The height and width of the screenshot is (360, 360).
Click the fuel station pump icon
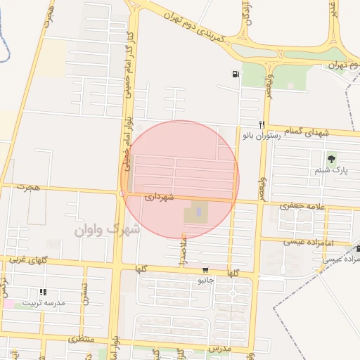pyautogui.click(x=234, y=74)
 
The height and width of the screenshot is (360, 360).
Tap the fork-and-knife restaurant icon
pyautogui.click(x=262, y=124)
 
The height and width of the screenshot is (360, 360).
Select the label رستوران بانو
pyautogui.click(x=262, y=134)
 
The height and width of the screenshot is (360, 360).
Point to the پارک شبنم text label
pyautogui.click(x=332, y=170)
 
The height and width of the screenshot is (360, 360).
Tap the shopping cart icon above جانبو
pyautogui.click(x=205, y=270)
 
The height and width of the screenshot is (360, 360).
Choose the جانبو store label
pyautogui.click(x=205, y=280)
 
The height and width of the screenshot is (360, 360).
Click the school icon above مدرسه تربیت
pyautogui.click(x=43, y=292)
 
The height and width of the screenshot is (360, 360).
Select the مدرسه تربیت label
pyautogui.click(x=44, y=303)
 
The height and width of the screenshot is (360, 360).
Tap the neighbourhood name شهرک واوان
pyautogui.click(x=107, y=229)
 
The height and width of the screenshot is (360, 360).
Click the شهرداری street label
pyautogui.click(x=158, y=199)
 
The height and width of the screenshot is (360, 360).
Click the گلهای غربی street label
pyautogui.click(x=29, y=261)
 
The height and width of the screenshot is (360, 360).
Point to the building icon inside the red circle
pyautogui.click(x=198, y=210)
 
